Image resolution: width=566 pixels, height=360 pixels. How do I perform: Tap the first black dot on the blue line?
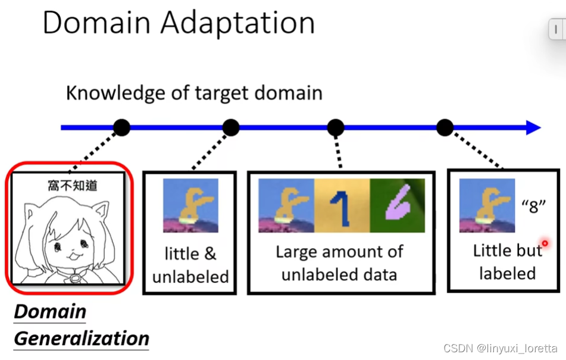point(121,127)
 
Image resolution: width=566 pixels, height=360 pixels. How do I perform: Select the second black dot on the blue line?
point(231,127)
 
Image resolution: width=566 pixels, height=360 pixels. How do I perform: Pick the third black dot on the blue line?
point(336,127)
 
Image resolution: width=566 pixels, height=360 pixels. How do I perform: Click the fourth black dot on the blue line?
point(445,127)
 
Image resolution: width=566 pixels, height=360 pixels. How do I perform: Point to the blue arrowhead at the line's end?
point(533,127)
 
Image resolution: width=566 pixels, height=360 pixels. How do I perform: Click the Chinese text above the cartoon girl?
point(73,186)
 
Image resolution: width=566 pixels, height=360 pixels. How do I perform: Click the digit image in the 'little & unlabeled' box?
point(190,205)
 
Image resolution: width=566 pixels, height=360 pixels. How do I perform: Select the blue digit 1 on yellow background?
point(342,205)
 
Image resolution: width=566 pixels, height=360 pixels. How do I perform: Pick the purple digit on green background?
point(397,205)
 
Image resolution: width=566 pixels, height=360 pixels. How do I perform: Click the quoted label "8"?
point(533,206)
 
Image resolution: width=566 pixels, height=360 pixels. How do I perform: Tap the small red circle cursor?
point(544,243)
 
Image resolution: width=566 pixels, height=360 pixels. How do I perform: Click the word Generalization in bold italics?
point(82,339)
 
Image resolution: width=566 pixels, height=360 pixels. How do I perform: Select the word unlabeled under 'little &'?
point(190,277)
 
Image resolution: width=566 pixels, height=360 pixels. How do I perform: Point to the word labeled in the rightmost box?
point(507,273)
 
